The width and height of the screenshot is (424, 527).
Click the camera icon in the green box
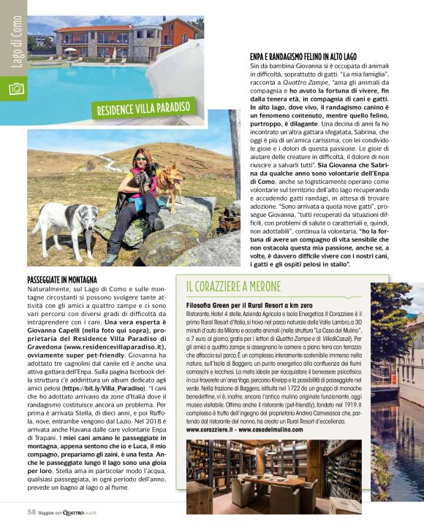[15, 89]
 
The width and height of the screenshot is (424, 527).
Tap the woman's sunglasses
[140, 158]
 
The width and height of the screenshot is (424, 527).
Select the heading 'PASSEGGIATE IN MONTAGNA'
[61, 280]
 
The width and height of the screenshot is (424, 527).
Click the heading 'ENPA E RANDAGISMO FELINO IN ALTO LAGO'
[303, 55]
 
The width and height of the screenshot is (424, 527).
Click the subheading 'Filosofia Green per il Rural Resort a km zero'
[249, 303]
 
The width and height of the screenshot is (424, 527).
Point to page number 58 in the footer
[31, 512]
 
